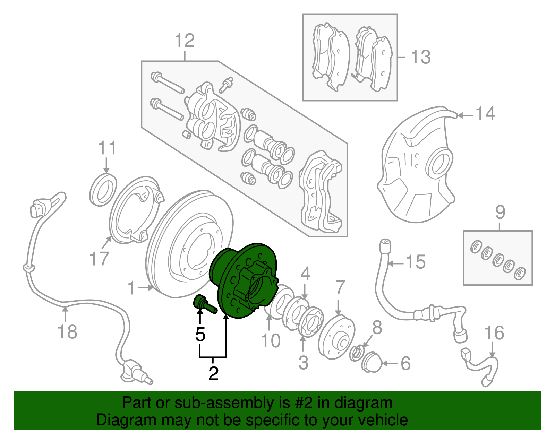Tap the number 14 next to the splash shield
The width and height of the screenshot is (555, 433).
click(x=485, y=113)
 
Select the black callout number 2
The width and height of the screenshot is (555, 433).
click(x=214, y=374)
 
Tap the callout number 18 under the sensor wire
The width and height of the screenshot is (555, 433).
click(x=67, y=332)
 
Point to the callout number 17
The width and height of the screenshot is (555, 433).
click(x=99, y=258)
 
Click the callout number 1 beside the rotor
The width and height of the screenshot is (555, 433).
click(x=131, y=288)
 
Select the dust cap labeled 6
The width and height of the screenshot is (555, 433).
click(x=372, y=362)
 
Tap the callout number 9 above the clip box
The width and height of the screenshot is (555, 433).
click(x=500, y=212)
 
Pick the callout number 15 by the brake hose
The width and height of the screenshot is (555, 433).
click(x=416, y=262)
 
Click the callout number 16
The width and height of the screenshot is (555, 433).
click(x=494, y=333)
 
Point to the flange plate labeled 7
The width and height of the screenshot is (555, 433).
click(x=336, y=338)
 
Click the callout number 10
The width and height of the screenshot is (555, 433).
click(x=271, y=341)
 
